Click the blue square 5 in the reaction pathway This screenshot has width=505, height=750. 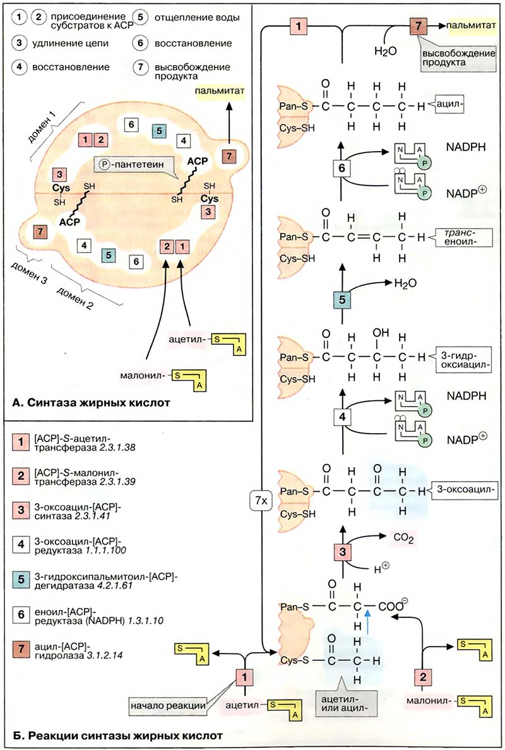(x=341, y=300)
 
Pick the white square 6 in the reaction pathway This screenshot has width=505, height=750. (x=341, y=169)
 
